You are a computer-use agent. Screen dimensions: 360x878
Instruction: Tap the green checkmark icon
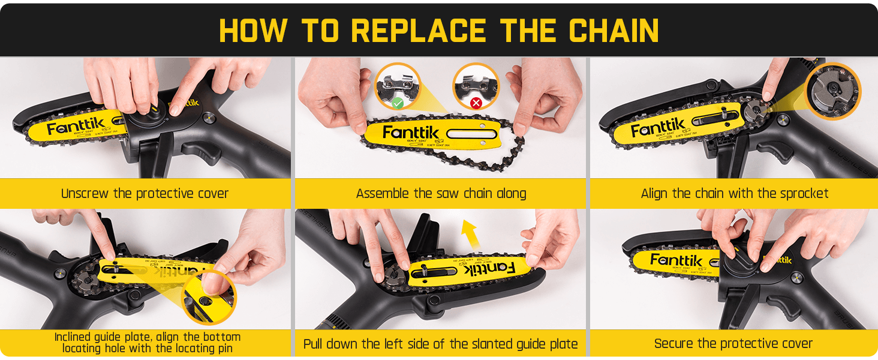pos(397,104)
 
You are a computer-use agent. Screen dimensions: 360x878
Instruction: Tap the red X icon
pos(476,103)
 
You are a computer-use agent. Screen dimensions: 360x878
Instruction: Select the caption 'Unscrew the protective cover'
pos(145,194)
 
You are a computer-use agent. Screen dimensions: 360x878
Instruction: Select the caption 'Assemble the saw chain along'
pos(441,194)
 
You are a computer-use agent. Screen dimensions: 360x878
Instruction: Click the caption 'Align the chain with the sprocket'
pos(735,194)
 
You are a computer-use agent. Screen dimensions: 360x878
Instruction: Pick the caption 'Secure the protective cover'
pos(733,344)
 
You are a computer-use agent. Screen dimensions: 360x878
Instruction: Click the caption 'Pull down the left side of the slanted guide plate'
pos(441,344)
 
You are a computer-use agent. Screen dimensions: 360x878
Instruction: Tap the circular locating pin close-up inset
pos(207,298)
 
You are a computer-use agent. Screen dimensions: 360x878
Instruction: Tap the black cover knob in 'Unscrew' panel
pos(142,115)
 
